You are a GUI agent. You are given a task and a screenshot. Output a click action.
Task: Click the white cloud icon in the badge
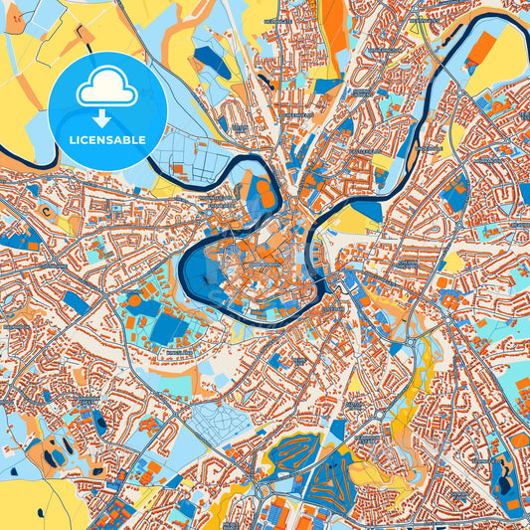(x=106, y=90)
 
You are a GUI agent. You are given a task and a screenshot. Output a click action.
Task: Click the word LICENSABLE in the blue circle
(x=106, y=140)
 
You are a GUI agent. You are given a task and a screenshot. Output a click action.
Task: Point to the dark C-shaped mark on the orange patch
(x=44, y=211)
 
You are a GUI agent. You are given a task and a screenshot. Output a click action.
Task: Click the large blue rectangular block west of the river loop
(x=166, y=329)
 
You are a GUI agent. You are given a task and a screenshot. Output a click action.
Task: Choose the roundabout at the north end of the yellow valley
(x=409, y=343)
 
